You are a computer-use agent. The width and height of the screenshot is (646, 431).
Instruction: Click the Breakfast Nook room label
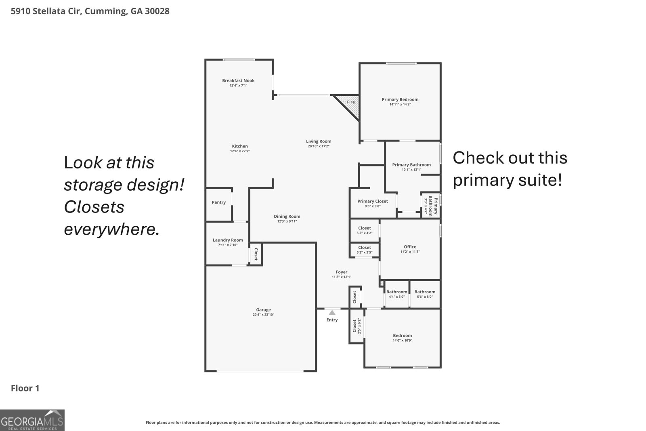click(238, 80)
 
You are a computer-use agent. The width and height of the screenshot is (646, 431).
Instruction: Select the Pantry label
click(218, 202)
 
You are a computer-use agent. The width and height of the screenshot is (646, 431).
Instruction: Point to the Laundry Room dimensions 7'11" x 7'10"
click(228, 245)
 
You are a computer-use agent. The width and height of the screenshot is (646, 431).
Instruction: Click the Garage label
click(263, 310)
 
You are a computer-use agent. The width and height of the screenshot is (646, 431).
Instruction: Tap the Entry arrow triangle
click(332, 312)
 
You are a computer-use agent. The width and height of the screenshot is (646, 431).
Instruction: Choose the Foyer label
click(342, 272)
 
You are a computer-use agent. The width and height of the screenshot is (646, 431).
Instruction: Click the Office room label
click(410, 247)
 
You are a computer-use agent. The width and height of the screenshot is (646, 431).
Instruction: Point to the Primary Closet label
click(373, 202)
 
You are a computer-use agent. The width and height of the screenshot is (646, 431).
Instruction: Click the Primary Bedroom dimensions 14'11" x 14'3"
click(400, 105)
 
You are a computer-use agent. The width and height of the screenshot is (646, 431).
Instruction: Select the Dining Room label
click(287, 217)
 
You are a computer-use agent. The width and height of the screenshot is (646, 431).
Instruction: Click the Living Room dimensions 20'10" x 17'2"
click(319, 146)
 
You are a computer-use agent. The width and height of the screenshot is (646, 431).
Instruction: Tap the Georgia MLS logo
click(32, 420)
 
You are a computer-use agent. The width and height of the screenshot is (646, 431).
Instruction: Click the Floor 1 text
click(25, 388)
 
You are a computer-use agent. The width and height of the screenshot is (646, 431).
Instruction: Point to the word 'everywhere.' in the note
click(111, 229)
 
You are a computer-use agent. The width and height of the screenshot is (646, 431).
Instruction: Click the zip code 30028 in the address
click(157, 11)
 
